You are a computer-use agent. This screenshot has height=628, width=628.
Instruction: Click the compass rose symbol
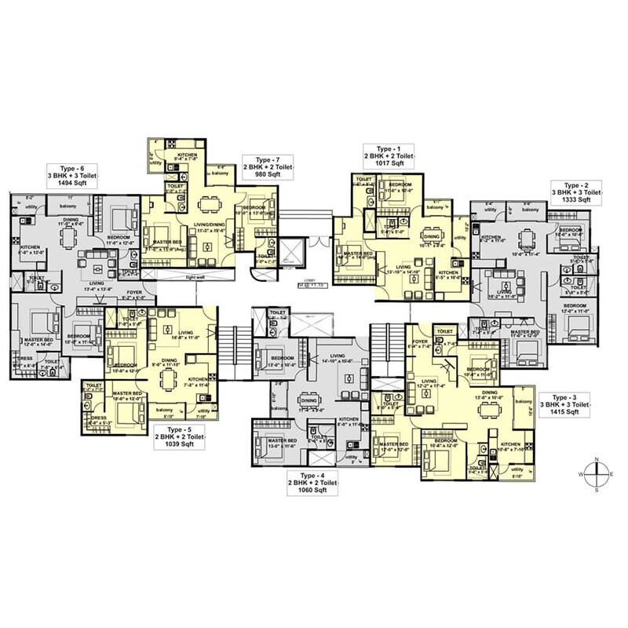(597, 474)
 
